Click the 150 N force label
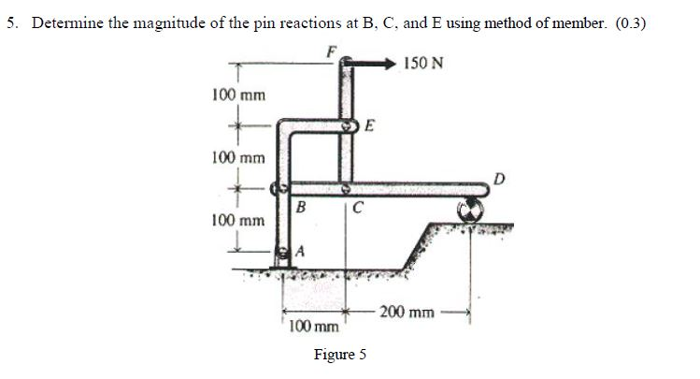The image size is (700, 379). coord(424,64)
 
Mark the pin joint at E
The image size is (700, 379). coord(349,125)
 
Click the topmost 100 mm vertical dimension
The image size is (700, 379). coord(238,95)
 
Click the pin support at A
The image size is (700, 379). coord(284,252)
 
